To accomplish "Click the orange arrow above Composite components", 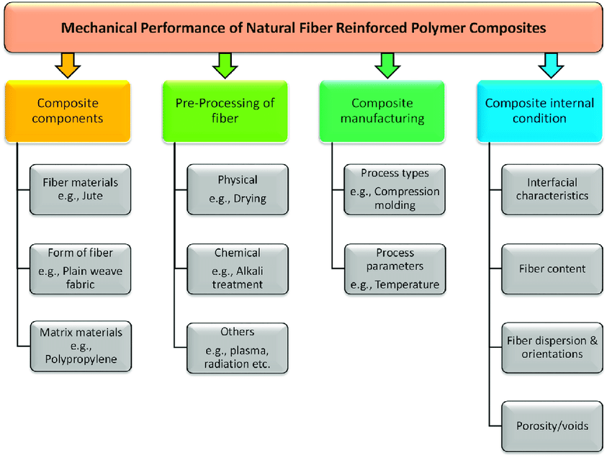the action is pyautogui.click(x=68, y=66).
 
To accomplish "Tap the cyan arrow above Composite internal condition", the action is pyautogui.click(x=551, y=66).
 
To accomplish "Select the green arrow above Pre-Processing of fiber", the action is pyautogui.click(x=225, y=66).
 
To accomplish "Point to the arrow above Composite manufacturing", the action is pyautogui.click(x=387, y=66).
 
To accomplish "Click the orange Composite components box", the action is pyautogui.click(x=68, y=111).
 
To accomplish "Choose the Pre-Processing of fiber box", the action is pyautogui.click(x=225, y=111).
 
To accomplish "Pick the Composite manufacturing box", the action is pyautogui.click(x=382, y=111).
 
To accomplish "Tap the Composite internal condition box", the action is pyautogui.click(x=540, y=111).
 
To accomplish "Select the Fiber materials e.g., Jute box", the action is pyautogui.click(x=81, y=189).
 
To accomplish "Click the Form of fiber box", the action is pyautogui.click(x=81, y=269).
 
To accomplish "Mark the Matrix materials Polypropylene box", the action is pyautogui.click(x=81, y=346).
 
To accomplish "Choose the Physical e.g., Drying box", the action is pyautogui.click(x=238, y=189).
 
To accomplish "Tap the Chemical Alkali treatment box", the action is pyautogui.click(x=238, y=269).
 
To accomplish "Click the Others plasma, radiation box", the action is pyautogui.click(x=238, y=349).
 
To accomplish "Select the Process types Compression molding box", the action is pyautogui.click(x=395, y=189).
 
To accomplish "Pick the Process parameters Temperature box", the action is pyautogui.click(x=395, y=269).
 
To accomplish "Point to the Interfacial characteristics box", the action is pyautogui.click(x=552, y=189).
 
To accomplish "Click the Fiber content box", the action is pyautogui.click(x=552, y=269).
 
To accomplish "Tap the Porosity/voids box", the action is pyautogui.click(x=552, y=426).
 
